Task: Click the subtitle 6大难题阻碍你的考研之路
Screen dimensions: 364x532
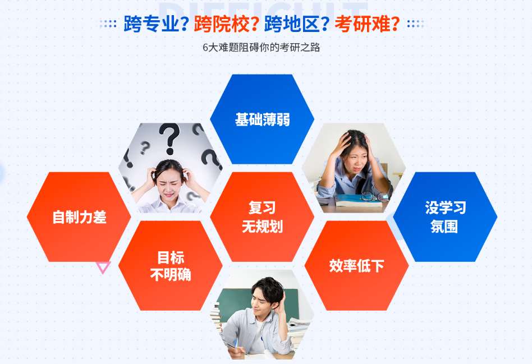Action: coord(262,48)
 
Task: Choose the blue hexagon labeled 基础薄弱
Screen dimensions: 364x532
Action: coord(262,119)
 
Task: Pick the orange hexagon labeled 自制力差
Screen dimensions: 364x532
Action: coord(79,216)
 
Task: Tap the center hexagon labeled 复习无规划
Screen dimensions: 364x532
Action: coord(262,216)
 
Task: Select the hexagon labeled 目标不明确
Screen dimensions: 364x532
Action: coord(171,265)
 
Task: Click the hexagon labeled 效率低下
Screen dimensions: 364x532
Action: coord(356,265)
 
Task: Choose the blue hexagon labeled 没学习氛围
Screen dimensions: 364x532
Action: coord(445,216)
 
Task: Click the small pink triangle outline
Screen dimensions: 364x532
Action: coord(103,267)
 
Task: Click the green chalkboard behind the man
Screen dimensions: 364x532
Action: coord(236,303)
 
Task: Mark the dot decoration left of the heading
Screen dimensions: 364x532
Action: coord(108,24)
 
